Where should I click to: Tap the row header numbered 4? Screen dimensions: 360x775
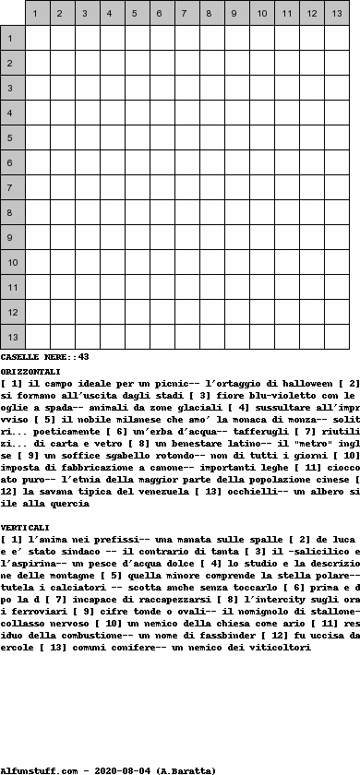point(12,113)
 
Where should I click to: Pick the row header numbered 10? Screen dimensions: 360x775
point(12,263)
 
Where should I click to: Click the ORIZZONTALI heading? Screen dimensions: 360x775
point(30,370)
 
